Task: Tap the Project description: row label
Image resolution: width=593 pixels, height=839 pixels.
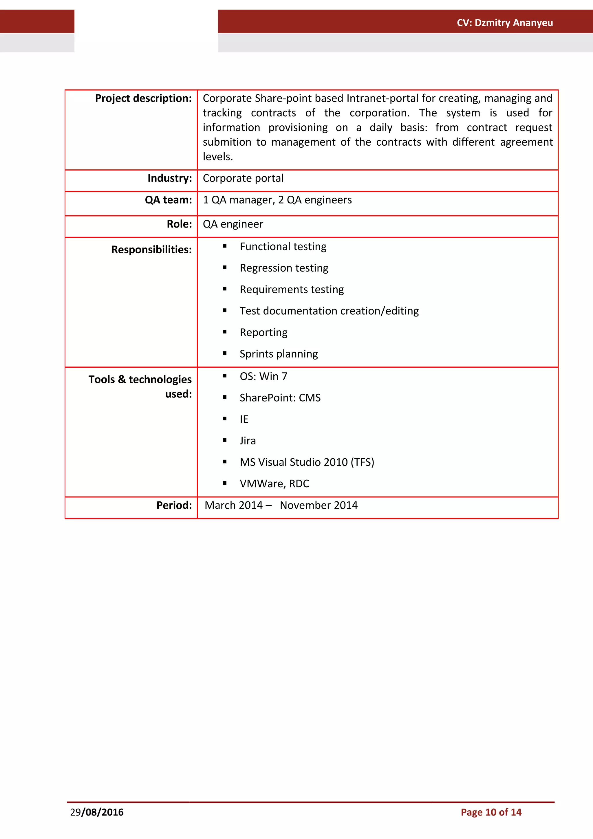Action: tap(143, 98)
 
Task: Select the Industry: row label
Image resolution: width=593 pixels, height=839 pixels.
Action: tap(170, 178)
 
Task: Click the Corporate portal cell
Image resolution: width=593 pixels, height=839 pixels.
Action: tap(243, 178)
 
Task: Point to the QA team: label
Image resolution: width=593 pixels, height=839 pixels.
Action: tap(168, 200)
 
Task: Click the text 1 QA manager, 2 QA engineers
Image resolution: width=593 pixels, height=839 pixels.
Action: tap(277, 200)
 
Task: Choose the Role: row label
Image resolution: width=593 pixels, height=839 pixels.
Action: tap(179, 224)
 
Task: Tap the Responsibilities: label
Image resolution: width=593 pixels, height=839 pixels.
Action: tap(151, 250)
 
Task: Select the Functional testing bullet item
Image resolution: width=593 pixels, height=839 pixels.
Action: tap(283, 247)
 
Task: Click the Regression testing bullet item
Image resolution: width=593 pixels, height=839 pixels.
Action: tap(284, 268)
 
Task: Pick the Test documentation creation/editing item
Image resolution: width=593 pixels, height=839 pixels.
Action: tap(329, 311)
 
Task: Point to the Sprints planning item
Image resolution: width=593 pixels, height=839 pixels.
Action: tap(279, 354)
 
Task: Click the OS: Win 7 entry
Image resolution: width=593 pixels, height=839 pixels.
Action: tap(263, 376)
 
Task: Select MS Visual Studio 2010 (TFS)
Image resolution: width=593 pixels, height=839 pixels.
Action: tap(307, 462)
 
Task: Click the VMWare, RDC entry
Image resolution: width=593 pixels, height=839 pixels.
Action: tap(274, 484)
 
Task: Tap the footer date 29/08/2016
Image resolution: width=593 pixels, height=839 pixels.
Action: tap(97, 812)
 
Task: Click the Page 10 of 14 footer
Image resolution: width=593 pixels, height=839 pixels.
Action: tap(491, 812)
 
